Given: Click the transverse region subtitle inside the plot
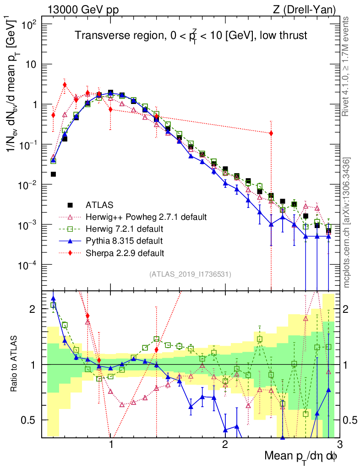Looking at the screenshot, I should click(191, 36).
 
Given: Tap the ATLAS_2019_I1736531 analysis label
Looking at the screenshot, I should click(190, 274).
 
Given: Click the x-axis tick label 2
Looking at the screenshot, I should click(225, 445).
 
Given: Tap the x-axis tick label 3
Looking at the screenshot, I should click(339, 445).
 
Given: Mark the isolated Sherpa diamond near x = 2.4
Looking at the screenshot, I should click(271, 133).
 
